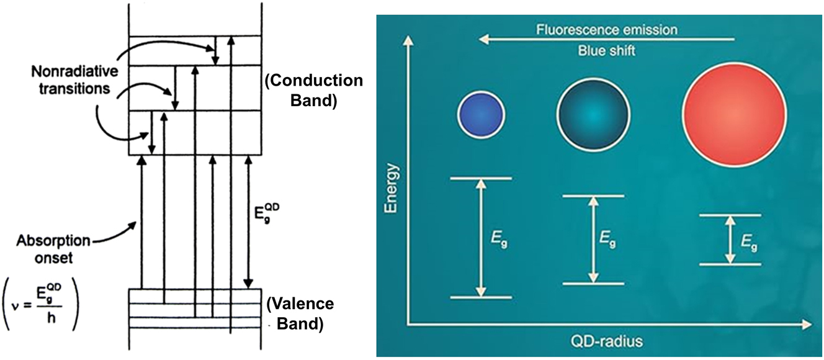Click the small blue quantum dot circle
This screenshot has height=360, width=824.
481,115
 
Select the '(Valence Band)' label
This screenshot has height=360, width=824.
300,313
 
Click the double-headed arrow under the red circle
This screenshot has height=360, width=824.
730,240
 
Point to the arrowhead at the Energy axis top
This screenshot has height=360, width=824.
407,42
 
